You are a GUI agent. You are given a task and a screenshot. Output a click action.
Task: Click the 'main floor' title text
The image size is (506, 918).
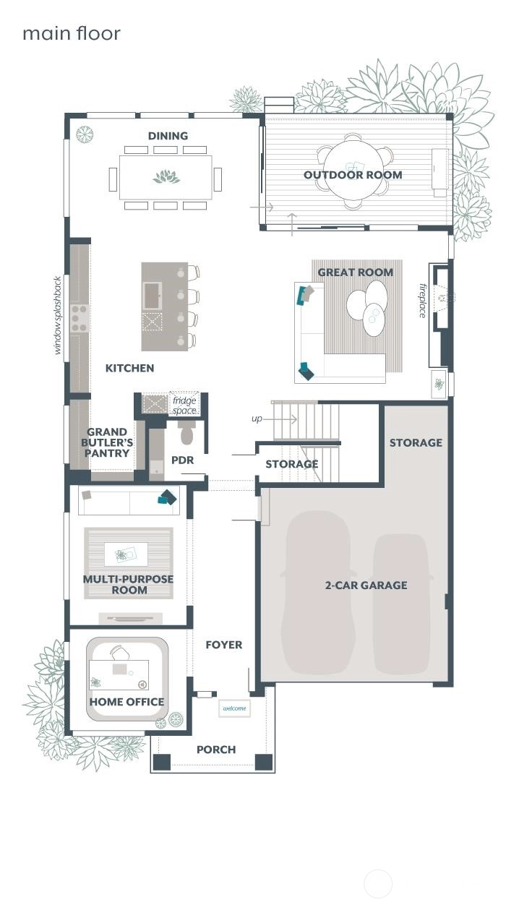coord(71,33)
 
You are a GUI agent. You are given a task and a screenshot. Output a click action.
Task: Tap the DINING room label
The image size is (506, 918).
coord(168,136)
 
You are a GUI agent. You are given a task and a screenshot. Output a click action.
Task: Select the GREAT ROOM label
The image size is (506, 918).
coord(356,273)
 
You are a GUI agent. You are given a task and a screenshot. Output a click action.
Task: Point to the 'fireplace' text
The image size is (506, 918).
coord(423,300)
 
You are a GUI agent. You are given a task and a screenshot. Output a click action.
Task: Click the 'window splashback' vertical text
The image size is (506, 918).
coord(59,314)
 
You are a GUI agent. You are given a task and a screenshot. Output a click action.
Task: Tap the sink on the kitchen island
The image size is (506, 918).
coord(153,295)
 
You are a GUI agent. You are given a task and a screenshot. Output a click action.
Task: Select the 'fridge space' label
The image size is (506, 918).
coord(184,405)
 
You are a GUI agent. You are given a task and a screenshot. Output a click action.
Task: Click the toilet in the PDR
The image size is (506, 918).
coord(186,434)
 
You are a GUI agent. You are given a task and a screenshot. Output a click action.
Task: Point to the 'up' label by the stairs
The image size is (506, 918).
coord(257,419)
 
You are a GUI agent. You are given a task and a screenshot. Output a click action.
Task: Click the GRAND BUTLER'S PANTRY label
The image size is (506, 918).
coord(108,442)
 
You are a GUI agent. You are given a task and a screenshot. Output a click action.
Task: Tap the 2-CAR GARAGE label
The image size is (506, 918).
coord(366,585)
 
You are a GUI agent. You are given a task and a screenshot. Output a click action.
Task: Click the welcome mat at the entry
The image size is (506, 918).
coord(234,708)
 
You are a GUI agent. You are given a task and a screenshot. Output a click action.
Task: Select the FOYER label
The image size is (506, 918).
coord(223,645)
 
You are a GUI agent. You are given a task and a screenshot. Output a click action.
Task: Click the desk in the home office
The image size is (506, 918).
coord(119,675)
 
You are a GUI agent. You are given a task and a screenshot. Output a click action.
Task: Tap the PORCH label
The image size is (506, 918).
coord(216,750)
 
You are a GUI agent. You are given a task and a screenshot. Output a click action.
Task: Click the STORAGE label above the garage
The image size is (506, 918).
coord(416,442)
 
